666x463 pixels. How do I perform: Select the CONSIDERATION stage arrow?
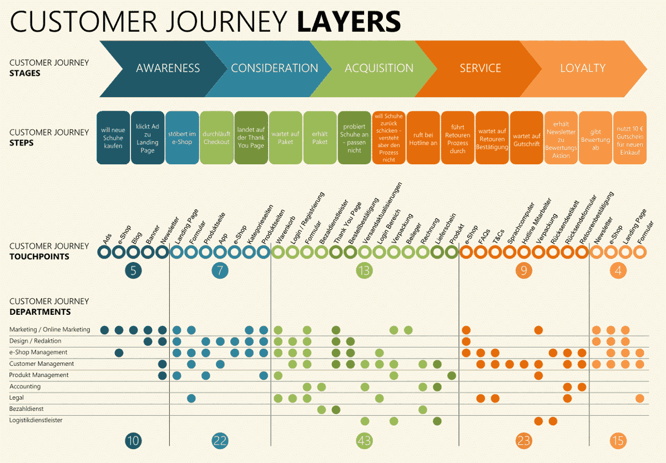tap(274, 68)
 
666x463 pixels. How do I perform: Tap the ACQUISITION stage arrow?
tap(379, 68)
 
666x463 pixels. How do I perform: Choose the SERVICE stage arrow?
tap(480, 68)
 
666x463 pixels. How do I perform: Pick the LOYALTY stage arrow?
tap(583, 68)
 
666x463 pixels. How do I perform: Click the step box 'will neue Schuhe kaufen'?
tap(113, 138)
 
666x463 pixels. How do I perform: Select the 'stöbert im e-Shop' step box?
tap(182, 138)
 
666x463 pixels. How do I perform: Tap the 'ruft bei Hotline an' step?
tap(423, 138)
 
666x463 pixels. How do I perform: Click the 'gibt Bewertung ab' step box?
tap(596, 138)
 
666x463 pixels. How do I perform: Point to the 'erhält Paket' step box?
tap(320, 138)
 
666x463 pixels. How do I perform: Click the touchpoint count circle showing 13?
tap(364, 270)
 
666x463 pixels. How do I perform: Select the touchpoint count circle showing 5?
tap(133, 270)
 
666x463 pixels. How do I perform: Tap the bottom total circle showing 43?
tap(364, 441)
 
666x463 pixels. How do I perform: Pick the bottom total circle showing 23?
tap(523, 441)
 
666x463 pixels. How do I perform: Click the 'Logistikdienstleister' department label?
tap(36, 420)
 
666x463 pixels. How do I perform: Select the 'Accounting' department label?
tap(25, 386)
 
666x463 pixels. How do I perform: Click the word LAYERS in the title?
tap(349, 22)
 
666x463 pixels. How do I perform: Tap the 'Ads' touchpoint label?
tap(107, 239)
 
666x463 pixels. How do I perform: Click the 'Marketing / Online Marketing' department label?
tap(49, 330)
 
